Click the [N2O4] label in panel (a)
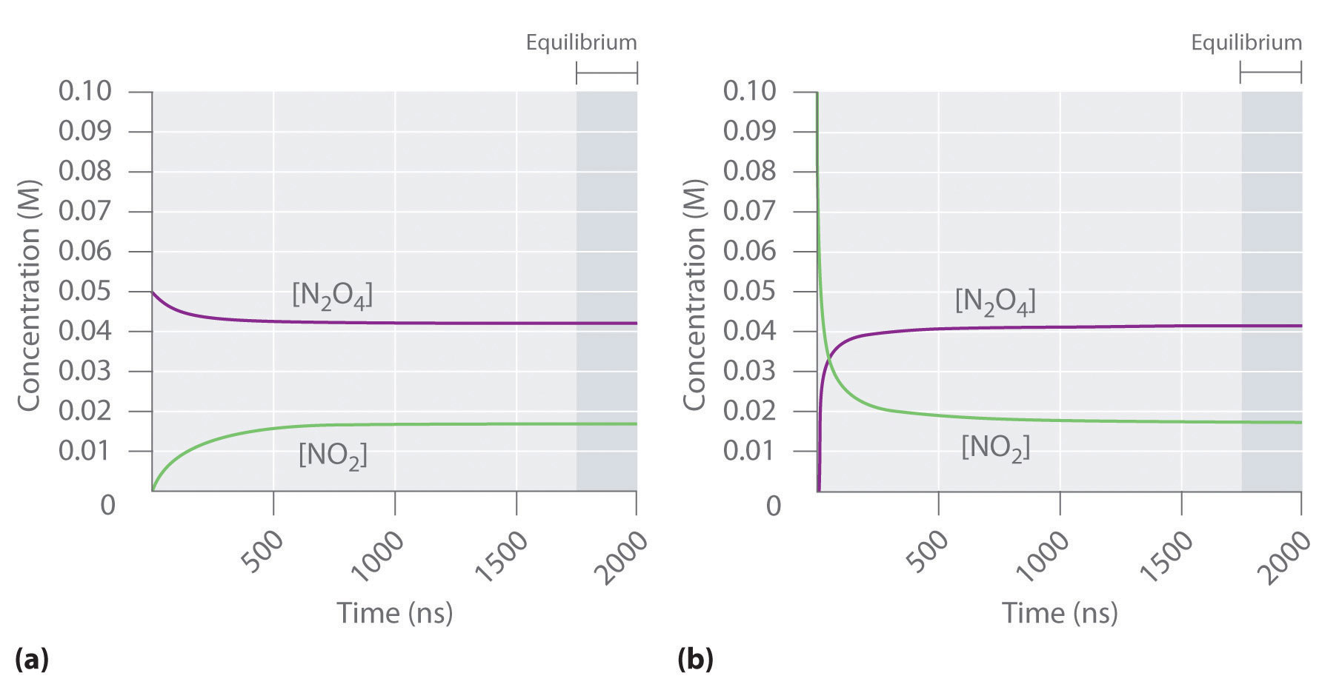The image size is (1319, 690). coord(332,295)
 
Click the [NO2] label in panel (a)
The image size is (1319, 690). coord(333,455)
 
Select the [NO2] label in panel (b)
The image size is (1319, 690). coord(995,447)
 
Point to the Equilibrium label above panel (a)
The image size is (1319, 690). coord(581,42)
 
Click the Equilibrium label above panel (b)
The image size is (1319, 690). coord(1246,42)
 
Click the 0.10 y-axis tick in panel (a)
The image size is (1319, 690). coord(84,92)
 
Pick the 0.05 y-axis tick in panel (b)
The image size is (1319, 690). coord(749,291)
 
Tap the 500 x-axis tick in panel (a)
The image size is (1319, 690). coord(262,552)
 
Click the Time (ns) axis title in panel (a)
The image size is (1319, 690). coord(394,613)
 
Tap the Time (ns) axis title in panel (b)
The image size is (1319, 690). coord(1059,613)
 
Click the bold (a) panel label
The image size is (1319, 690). coord(31,658)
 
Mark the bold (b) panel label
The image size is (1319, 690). coord(695,658)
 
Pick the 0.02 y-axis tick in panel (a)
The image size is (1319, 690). coord(84,411)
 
